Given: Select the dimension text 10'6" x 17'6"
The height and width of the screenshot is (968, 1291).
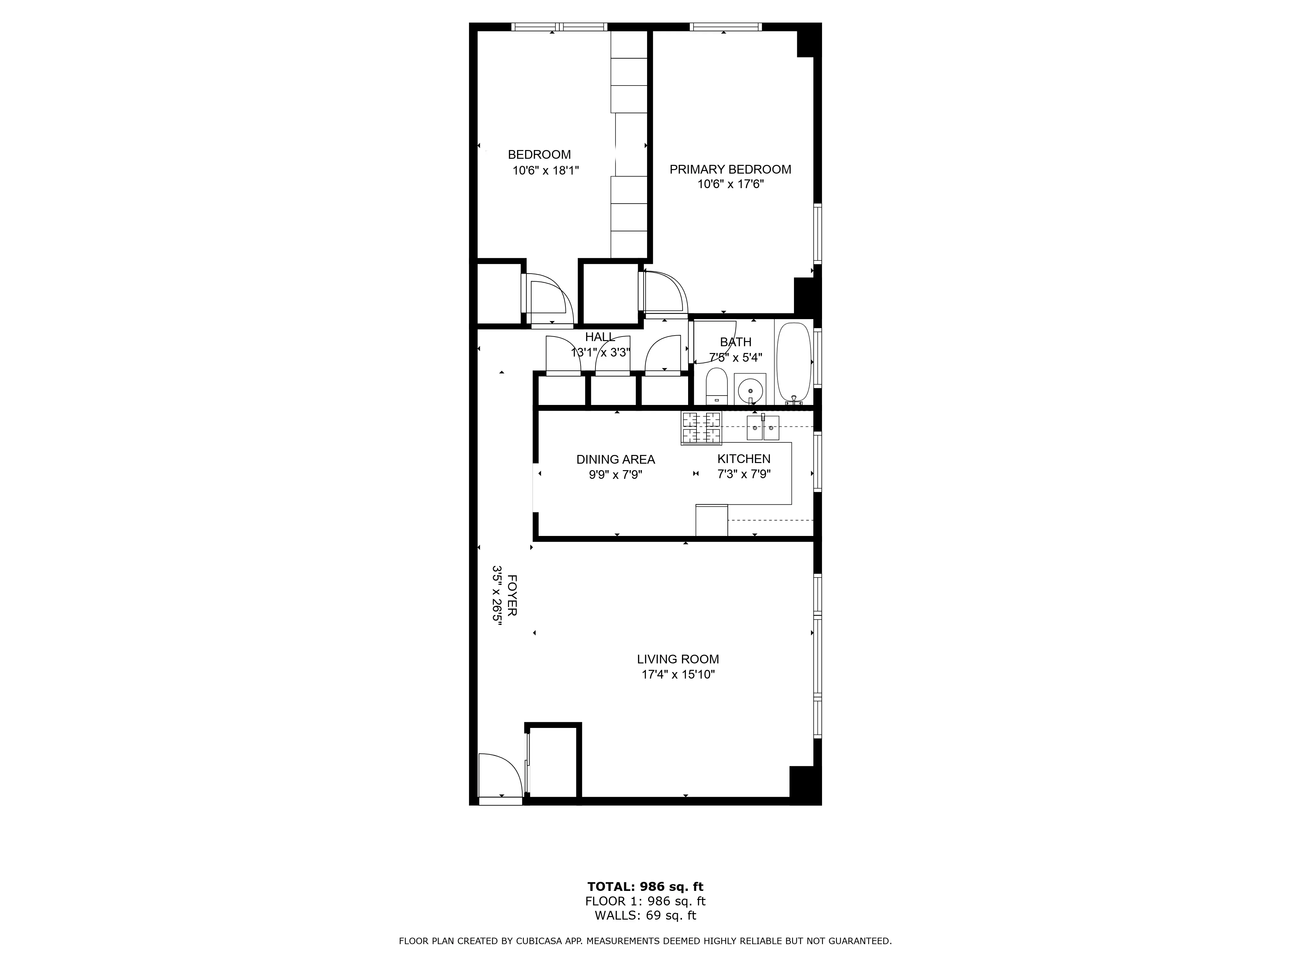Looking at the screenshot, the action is tap(730, 184).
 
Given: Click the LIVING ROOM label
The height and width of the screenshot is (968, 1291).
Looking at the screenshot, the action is tap(677, 659).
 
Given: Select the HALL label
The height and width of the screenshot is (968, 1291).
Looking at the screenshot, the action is tap(600, 337).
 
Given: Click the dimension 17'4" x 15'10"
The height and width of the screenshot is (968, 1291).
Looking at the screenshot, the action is tap(677, 674).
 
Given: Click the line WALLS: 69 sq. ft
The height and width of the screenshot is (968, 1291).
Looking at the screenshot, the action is tap(645, 915).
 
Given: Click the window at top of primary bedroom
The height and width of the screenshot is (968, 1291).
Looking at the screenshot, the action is tap(726, 26).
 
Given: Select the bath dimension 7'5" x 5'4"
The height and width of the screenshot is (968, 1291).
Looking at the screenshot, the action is tap(735, 357).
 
